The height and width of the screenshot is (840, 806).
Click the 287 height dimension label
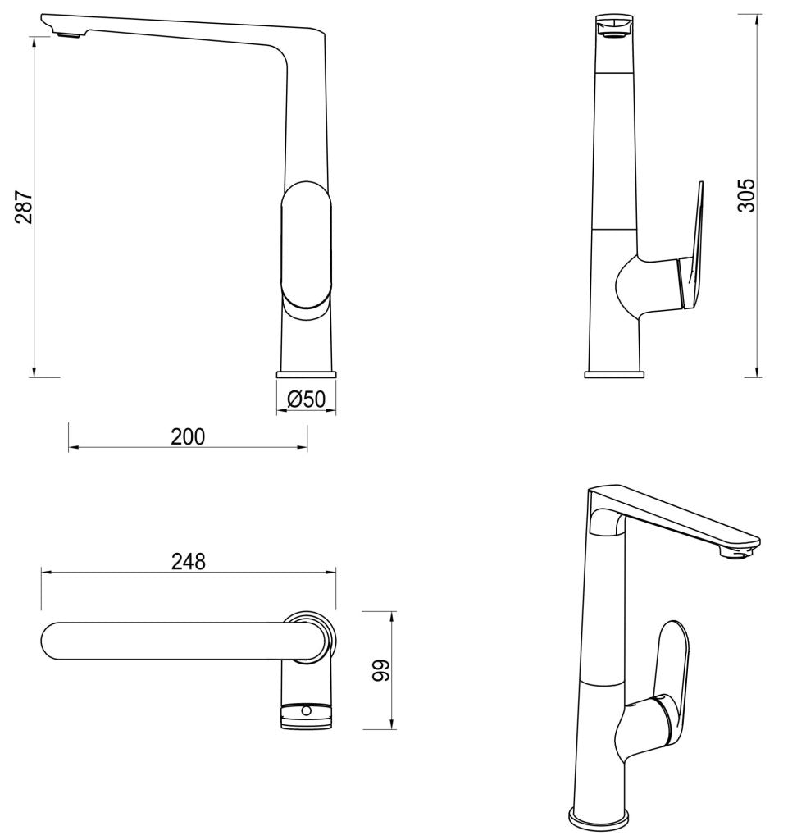pos(24,208)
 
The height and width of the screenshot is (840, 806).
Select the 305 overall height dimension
pos(745,195)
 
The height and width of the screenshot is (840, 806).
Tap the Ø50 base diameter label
pos(307,399)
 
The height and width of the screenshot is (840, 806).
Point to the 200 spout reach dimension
pos(188,436)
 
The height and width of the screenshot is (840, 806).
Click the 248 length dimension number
pos(188,561)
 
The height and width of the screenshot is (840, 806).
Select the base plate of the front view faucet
pos(307,374)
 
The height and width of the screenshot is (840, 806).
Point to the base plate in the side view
pos(613,374)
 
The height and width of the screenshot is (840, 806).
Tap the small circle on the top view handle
pos(307,710)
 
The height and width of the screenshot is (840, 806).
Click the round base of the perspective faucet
pos(598,819)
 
